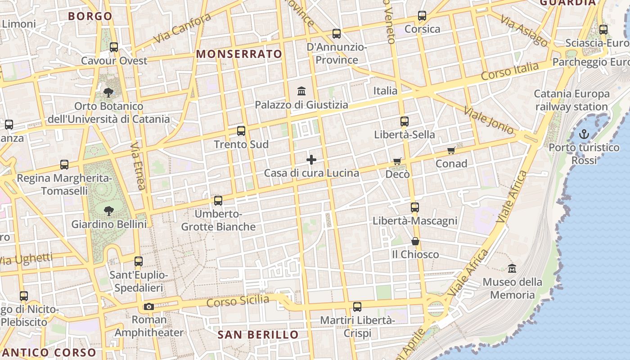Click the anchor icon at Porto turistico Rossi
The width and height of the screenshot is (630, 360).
coord(584,134)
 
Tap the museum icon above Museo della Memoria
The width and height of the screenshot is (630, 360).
coord(512,269)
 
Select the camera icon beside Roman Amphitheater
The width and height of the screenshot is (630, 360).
coord(148,307)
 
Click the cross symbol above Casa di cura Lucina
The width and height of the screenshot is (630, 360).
coord(311,160)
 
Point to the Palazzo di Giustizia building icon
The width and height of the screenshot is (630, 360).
coord(301,91)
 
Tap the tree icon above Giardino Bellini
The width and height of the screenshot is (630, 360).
coord(108,211)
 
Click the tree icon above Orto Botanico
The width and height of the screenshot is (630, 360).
coord(108,93)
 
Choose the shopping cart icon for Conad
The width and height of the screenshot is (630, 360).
coord(451,150)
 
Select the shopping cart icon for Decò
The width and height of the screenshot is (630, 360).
coord(397,161)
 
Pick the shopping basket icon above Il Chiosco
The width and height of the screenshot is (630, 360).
coord(415,242)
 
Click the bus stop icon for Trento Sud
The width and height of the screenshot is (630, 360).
coord(241,131)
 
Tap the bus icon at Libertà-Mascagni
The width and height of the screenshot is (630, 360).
coord(414,207)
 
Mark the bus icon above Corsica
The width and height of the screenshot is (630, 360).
coord(422,16)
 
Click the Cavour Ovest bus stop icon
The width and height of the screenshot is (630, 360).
coord(114,47)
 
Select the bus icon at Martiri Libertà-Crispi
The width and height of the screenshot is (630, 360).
coord(357,307)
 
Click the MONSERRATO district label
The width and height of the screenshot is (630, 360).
coord(239,54)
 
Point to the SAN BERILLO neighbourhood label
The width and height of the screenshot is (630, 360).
coord(258,335)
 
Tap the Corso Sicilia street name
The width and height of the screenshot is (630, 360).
coord(238,301)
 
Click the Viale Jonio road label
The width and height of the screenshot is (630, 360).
coord(489,121)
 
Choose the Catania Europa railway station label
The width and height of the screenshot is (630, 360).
coord(571,100)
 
